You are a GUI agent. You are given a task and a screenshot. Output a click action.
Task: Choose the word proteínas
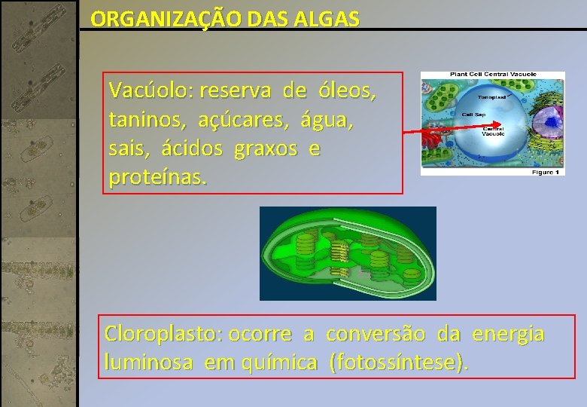[x=157, y=179]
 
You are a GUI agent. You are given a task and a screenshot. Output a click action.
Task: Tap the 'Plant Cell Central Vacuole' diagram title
[x=493, y=75]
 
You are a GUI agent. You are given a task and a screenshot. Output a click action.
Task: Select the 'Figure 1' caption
[x=545, y=173]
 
